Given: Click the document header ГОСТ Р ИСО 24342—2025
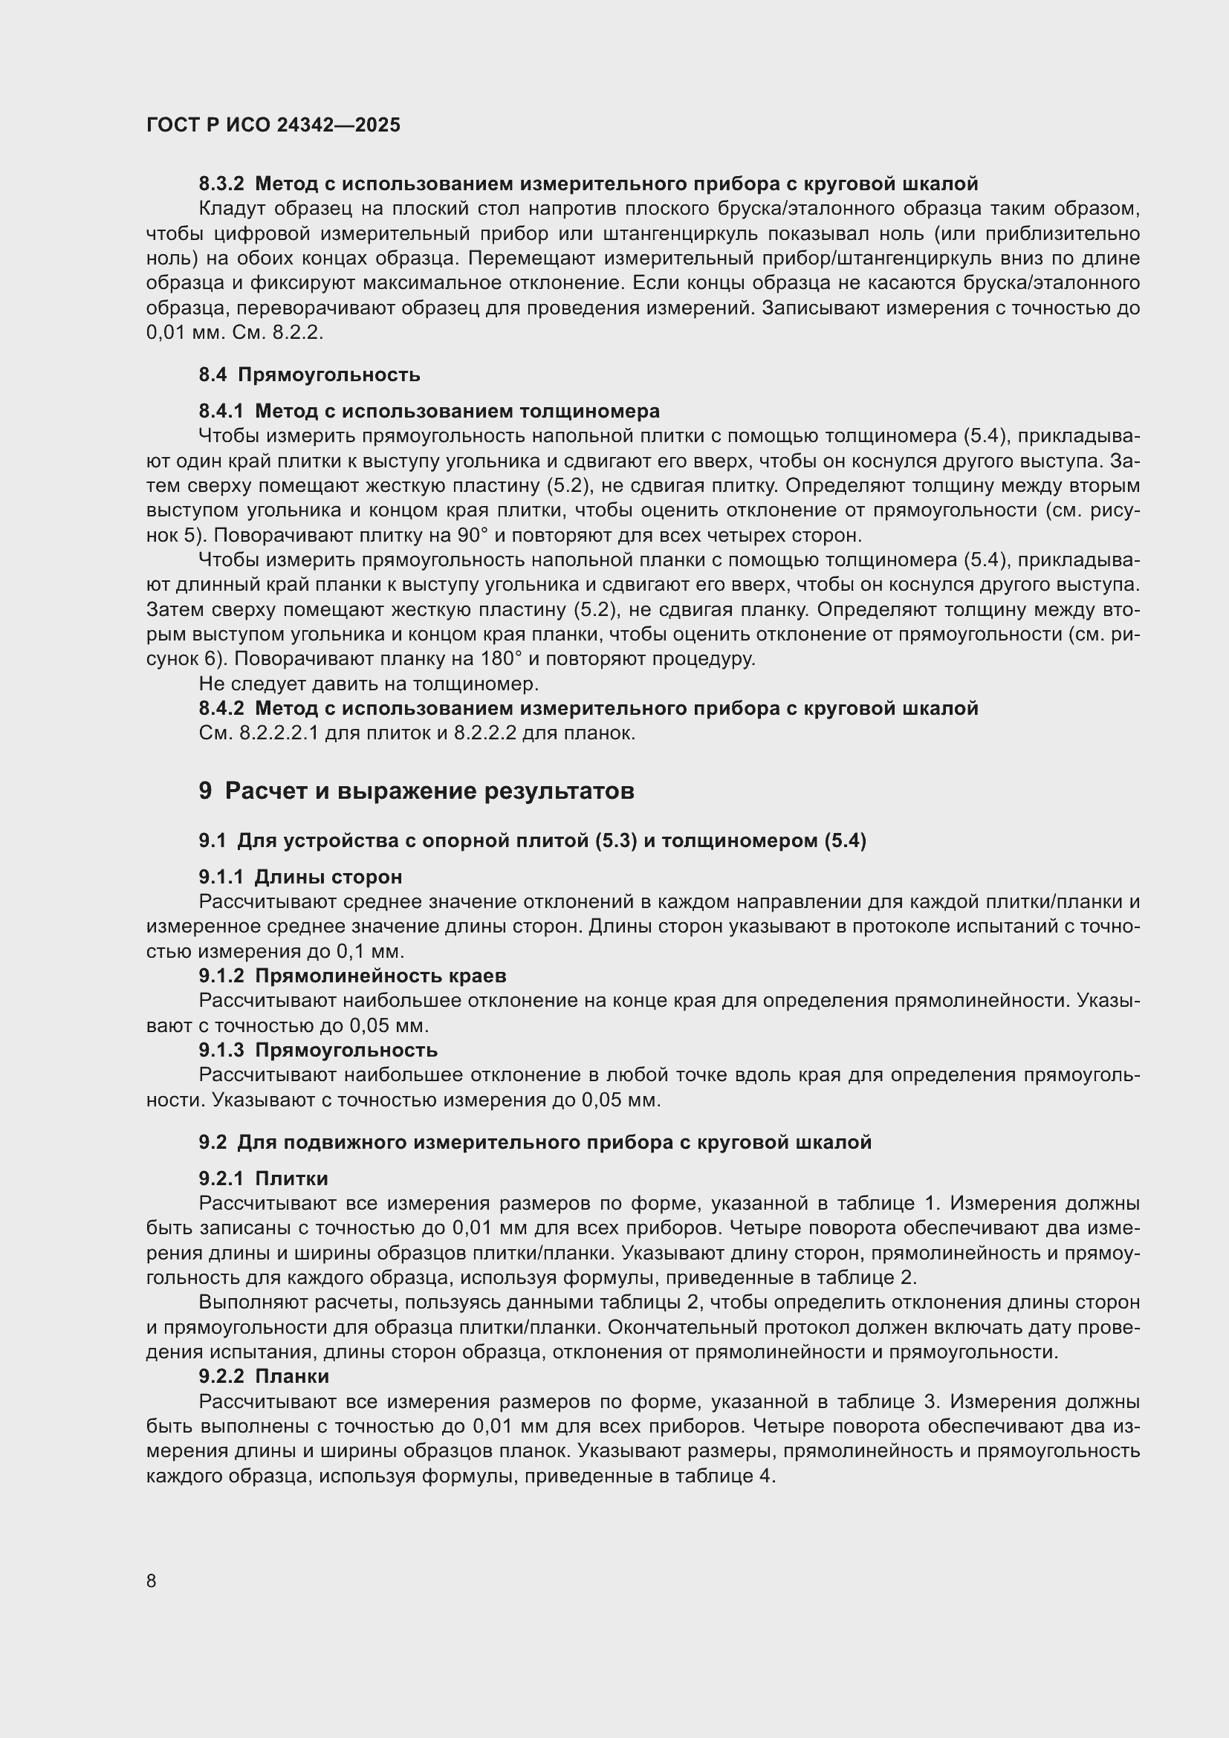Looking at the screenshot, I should point(273,126).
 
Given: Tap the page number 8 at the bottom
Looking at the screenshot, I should point(152,1581).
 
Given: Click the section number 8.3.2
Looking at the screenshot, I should point(221,184).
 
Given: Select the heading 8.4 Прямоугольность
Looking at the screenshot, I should point(310,374).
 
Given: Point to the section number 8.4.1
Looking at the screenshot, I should point(221,411).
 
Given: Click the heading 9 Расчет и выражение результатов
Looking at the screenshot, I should point(416,791).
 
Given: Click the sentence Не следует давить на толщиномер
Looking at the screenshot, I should point(369,684).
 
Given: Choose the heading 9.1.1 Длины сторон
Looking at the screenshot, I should point(300,878).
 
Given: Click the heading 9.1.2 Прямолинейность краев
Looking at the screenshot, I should point(352,976).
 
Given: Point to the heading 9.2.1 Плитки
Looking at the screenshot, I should point(263,1178).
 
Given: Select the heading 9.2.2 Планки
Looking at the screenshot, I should point(263,1376).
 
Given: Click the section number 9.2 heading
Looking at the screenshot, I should point(213,1142).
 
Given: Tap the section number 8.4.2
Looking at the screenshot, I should point(221,709).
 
